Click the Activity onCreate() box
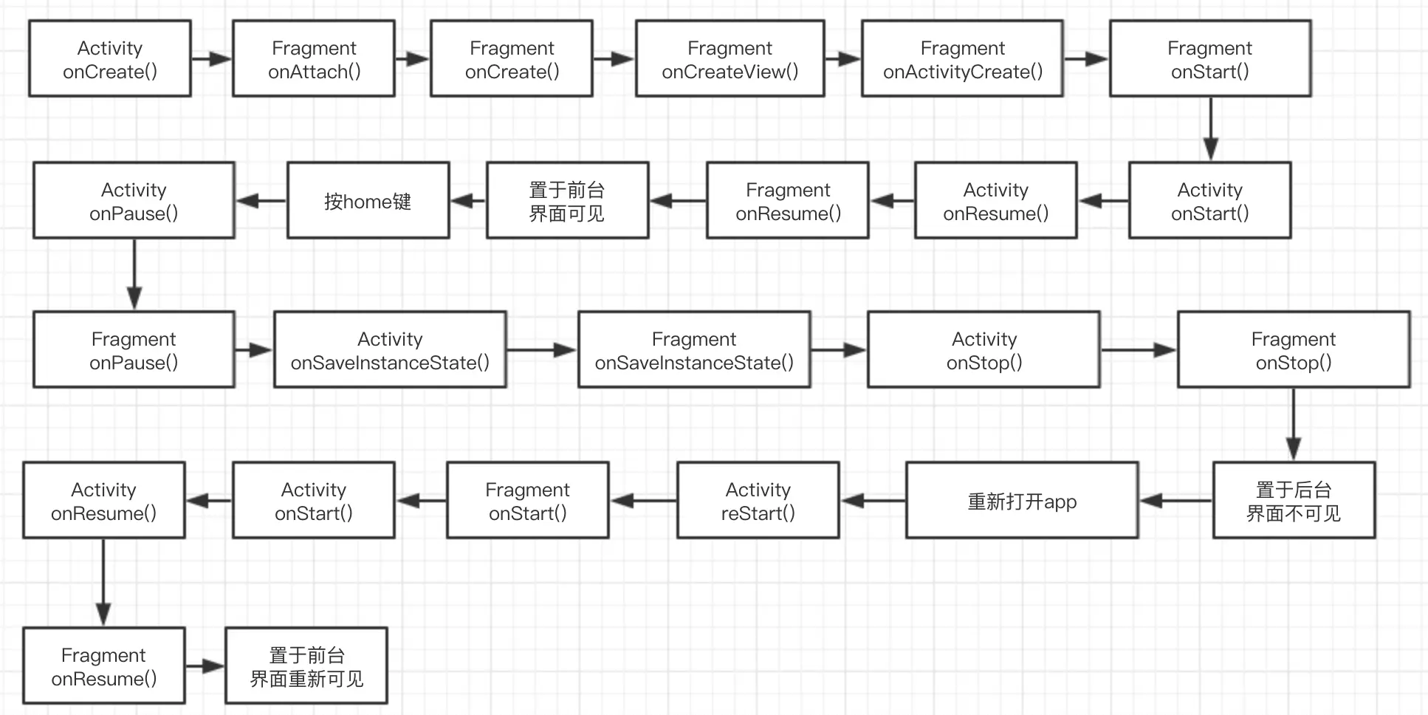(110, 59)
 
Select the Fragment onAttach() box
(314, 59)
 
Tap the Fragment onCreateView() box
(730, 59)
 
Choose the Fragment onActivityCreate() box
(962, 59)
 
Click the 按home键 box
(368, 201)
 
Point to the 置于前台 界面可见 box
(567, 201)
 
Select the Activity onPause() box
(134, 201)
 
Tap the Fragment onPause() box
(134, 350)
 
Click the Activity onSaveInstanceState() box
(390, 350)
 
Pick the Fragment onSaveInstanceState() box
(694, 350)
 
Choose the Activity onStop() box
(984, 350)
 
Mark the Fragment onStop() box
(1293, 350)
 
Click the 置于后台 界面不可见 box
(1293, 501)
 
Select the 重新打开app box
(1022, 501)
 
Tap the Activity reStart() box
(758, 501)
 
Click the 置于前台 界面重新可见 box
(306, 666)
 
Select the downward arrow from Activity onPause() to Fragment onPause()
(134, 274)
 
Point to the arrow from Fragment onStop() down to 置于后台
(1293, 425)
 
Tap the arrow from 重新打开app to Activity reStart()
(873, 501)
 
